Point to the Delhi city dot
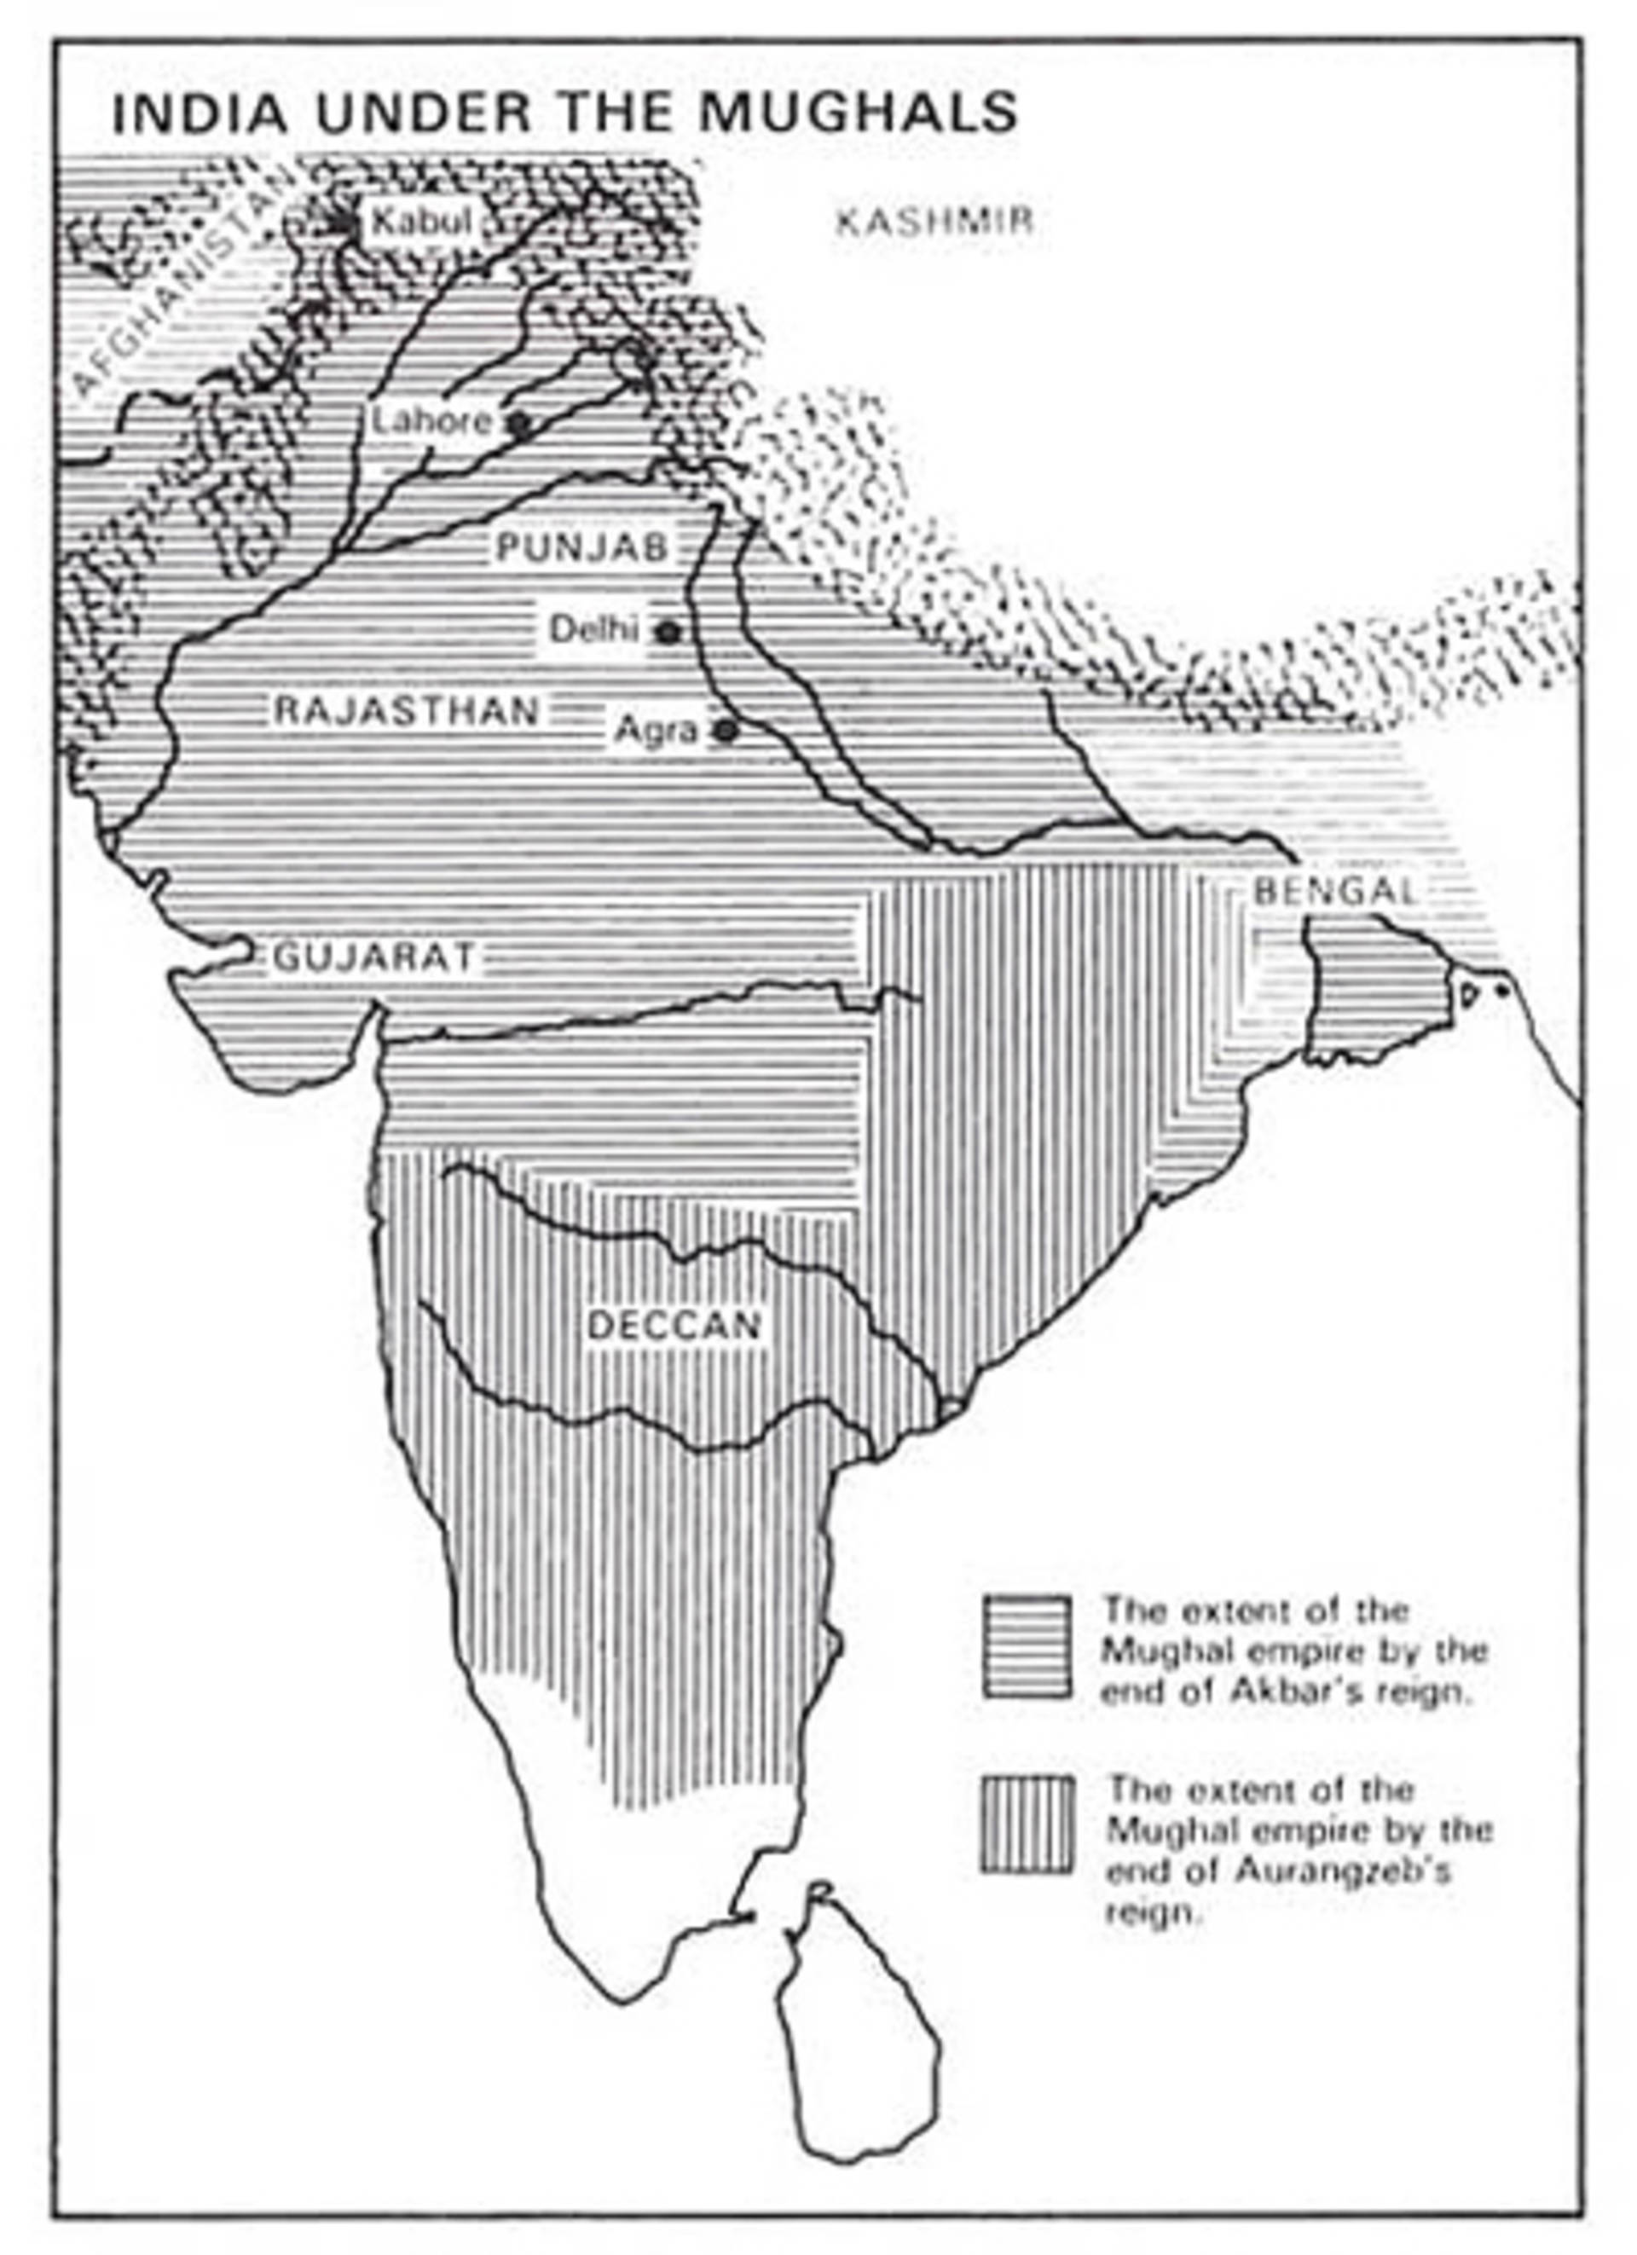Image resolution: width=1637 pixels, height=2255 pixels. click(x=669, y=632)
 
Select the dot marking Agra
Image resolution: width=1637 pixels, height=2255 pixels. click(x=726, y=731)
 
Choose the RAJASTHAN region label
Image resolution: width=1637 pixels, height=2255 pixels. click(x=407, y=712)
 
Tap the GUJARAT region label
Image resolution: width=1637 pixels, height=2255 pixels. click(x=374, y=957)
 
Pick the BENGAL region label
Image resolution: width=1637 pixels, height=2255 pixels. click(x=1334, y=891)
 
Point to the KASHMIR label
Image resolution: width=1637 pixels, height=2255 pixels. click(x=934, y=221)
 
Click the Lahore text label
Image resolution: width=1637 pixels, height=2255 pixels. click(x=431, y=421)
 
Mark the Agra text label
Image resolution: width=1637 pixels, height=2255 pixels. click(x=656, y=731)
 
